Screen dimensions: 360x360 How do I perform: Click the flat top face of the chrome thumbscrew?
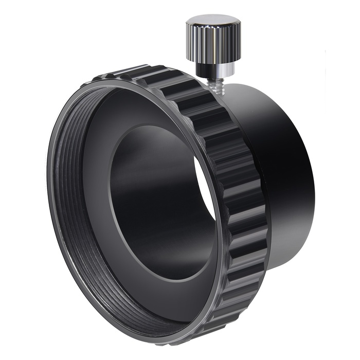click(213, 22)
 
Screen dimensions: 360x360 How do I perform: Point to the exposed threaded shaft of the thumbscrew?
click(212, 81)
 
